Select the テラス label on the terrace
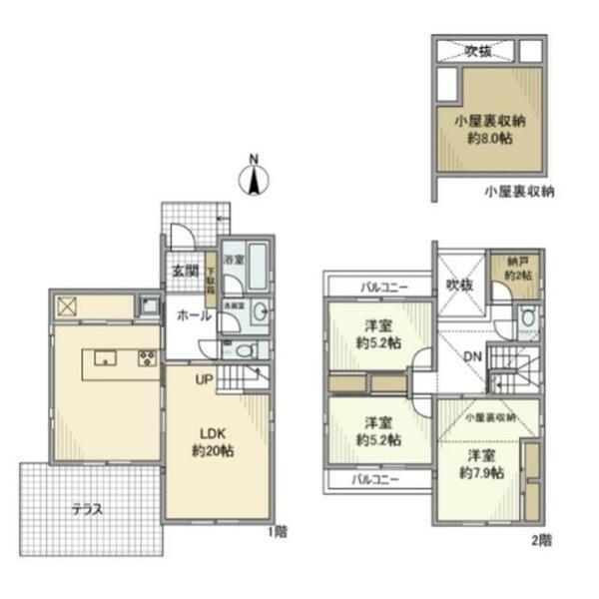87,508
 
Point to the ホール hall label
193,315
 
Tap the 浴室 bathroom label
234,260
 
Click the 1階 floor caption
276,531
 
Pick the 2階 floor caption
541,540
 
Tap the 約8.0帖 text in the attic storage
489,139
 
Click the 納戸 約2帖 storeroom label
516,267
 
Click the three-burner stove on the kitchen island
147,358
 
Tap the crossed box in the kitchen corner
67,306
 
